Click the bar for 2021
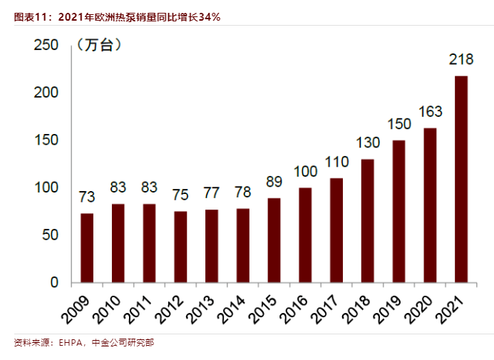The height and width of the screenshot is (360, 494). pyautogui.click(x=461, y=179)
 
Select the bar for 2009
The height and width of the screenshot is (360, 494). pyautogui.click(x=87, y=247)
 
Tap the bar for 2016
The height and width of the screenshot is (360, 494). pyautogui.click(x=305, y=235)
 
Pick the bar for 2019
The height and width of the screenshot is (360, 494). pyautogui.click(x=398, y=211)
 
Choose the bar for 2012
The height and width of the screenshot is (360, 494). pyautogui.click(x=180, y=247)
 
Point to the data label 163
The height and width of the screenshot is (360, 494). pyautogui.click(x=430, y=112)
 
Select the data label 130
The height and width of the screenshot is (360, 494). pyautogui.click(x=368, y=143)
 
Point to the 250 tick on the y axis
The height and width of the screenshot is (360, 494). pyautogui.click(x=46, y=45)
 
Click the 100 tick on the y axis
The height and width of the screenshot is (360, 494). pyautogui.click(x=46, y=187)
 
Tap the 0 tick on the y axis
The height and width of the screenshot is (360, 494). pyautogui.click(x=53, y=282)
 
